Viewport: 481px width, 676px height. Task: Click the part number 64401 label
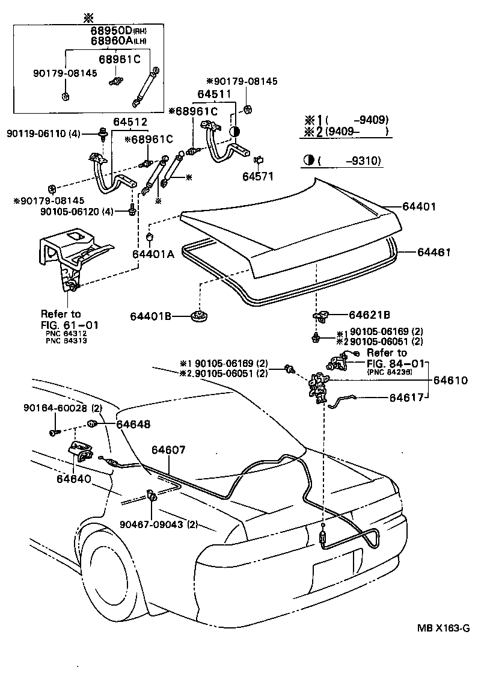point(418,206)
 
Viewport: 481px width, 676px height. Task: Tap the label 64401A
point(153,254)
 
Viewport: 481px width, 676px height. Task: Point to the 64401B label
point(151,316)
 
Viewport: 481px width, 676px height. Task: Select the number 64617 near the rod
point(409,398)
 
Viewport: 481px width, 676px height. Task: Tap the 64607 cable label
point(168,450)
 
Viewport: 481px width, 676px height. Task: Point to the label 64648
point(133,425)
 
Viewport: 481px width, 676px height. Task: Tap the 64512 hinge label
point(130,122)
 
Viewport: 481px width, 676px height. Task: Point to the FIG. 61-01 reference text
point(69,325)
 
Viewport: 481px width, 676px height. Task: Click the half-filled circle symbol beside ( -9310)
point(310,161)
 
